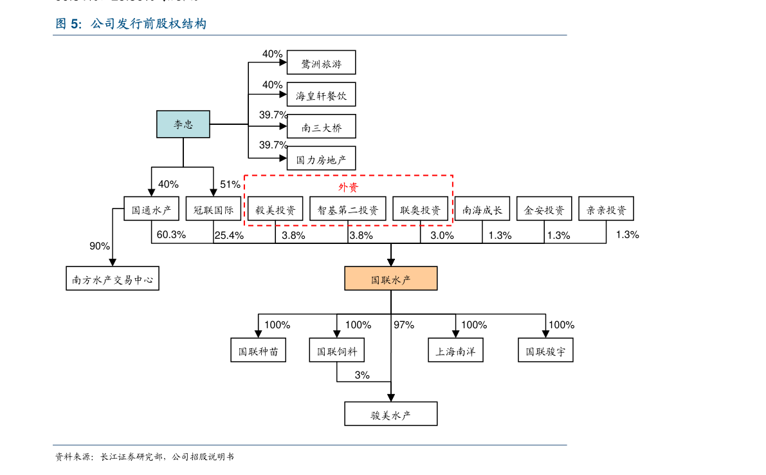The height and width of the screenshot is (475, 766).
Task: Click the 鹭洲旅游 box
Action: (321, 62)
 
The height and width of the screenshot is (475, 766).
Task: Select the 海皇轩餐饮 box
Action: (321, 95)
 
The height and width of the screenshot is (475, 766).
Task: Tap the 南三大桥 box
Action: (321, 126)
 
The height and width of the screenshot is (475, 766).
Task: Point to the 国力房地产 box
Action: (321, 158)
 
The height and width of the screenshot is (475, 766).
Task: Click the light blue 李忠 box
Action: (183, 124)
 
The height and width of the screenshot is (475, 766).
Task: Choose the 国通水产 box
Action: (151, 209)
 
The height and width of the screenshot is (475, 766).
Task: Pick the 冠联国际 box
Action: (214, 209)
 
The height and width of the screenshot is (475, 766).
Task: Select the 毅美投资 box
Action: (275, 209)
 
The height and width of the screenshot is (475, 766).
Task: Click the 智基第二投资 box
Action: (348, 209)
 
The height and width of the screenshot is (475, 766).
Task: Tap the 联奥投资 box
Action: (420, 209)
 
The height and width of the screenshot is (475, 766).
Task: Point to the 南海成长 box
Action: (482, 209)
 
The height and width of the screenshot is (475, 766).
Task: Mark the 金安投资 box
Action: (544, 209)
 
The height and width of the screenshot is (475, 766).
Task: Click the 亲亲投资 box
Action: (606, 209)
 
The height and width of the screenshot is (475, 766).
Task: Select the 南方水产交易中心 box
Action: (113, 279)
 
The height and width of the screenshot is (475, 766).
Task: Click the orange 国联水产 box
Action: (391, 279)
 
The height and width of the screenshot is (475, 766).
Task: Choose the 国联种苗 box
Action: (258, 350)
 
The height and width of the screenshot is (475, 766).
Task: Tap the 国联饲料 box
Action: (336, 350)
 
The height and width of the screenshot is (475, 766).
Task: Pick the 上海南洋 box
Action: (455, 350)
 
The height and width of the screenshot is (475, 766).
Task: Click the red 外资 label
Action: (348, 187)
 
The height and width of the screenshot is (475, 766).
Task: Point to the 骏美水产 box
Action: (391, 414)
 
